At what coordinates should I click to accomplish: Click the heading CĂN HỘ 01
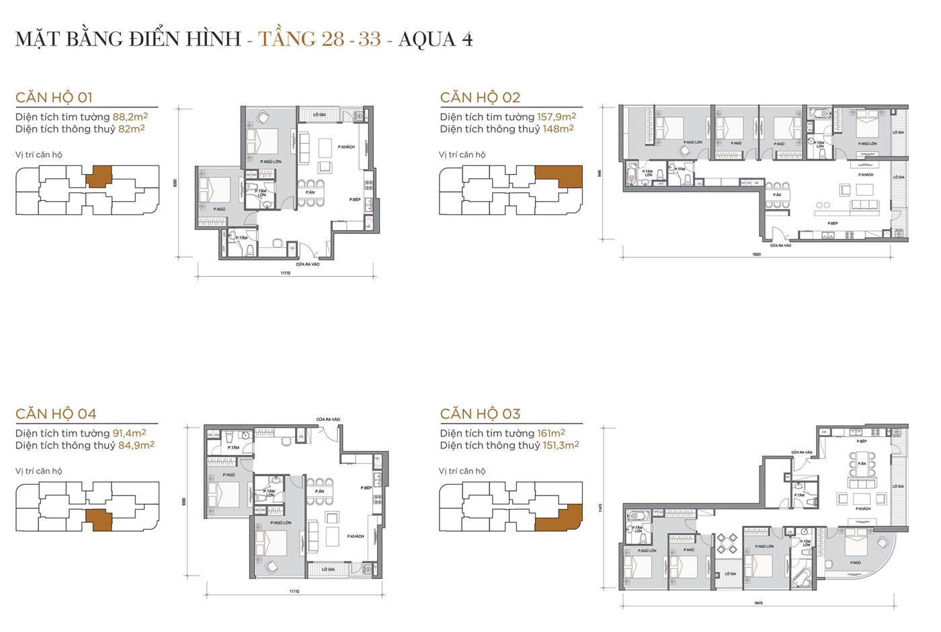58,97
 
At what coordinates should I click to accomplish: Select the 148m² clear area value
558,129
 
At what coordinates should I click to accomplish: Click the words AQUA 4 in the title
436,39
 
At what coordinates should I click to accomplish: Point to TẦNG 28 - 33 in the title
320,39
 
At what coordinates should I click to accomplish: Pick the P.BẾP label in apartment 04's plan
366,487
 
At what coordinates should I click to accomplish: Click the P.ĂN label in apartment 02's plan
777,195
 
